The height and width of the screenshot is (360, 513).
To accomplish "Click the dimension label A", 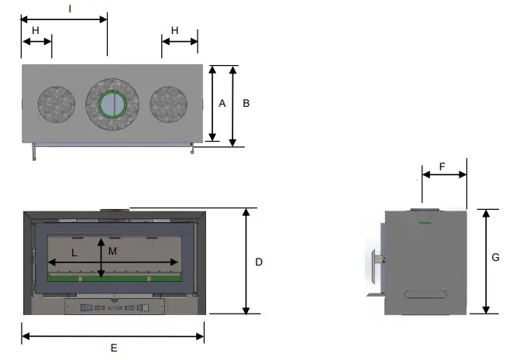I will click(x=222, y=103).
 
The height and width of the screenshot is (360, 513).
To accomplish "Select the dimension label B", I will click(x=246, y=103).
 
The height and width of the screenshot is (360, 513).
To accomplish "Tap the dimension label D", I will click(x=259, y=262).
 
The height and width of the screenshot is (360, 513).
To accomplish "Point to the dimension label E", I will click(x=113, y=348).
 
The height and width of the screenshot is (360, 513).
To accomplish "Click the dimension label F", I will click(x=442, y=166).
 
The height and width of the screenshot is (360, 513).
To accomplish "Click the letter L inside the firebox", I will click(x=74, y=252).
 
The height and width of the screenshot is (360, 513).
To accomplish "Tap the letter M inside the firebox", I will click(x=112, y=252).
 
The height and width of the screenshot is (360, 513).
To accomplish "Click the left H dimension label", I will click(x=36, y=30).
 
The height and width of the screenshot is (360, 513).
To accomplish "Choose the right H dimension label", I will click(x=174, y=30).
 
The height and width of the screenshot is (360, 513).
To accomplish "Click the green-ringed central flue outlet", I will click(x=113, y=103).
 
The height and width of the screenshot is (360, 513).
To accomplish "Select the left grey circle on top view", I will click(x=57, y=104).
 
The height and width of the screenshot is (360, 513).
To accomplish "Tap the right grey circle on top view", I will click(x=169, y=104).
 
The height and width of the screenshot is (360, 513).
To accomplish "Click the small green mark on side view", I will click(x=424, y=224).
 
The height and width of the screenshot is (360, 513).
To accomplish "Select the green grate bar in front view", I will click(x=113, y=277).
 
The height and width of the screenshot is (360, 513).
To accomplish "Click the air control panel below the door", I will click(x=113, y=307).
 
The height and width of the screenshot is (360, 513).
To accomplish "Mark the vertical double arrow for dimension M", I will click(x=102, y=259).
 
